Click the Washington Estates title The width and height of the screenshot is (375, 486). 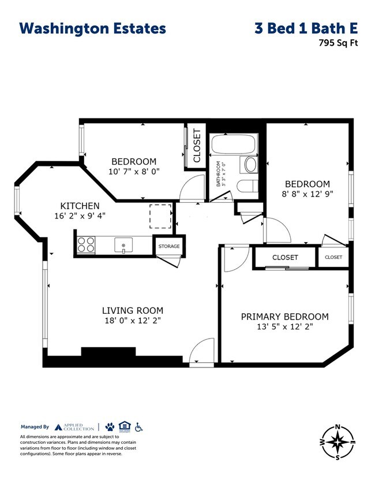tap(92, 28)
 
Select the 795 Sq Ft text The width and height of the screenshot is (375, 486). tap(334, 42)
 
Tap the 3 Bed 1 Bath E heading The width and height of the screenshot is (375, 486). tap(306, 28)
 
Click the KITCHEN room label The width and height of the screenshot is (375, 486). tap(80, 206)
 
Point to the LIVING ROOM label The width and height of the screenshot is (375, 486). tap(133, 310)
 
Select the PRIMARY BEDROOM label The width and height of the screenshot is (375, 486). tap(284, 317)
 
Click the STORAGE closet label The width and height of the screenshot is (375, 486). tap(169, 246)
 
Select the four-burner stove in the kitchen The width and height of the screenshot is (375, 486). tap(87, 245)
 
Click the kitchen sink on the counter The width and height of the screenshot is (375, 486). tap(123, 245)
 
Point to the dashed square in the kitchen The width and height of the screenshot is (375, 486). tap(160, 216)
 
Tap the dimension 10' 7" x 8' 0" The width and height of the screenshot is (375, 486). tap(134, 172)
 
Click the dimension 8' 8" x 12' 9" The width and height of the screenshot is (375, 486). tap(307, 194)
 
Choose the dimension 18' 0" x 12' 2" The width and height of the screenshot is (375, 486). tap(133, 321)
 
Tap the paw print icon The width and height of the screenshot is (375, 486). tap(110, 427)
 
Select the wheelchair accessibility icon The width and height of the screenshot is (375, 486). tap(138, 427)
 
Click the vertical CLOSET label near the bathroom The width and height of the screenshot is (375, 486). tap(197, 146)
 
